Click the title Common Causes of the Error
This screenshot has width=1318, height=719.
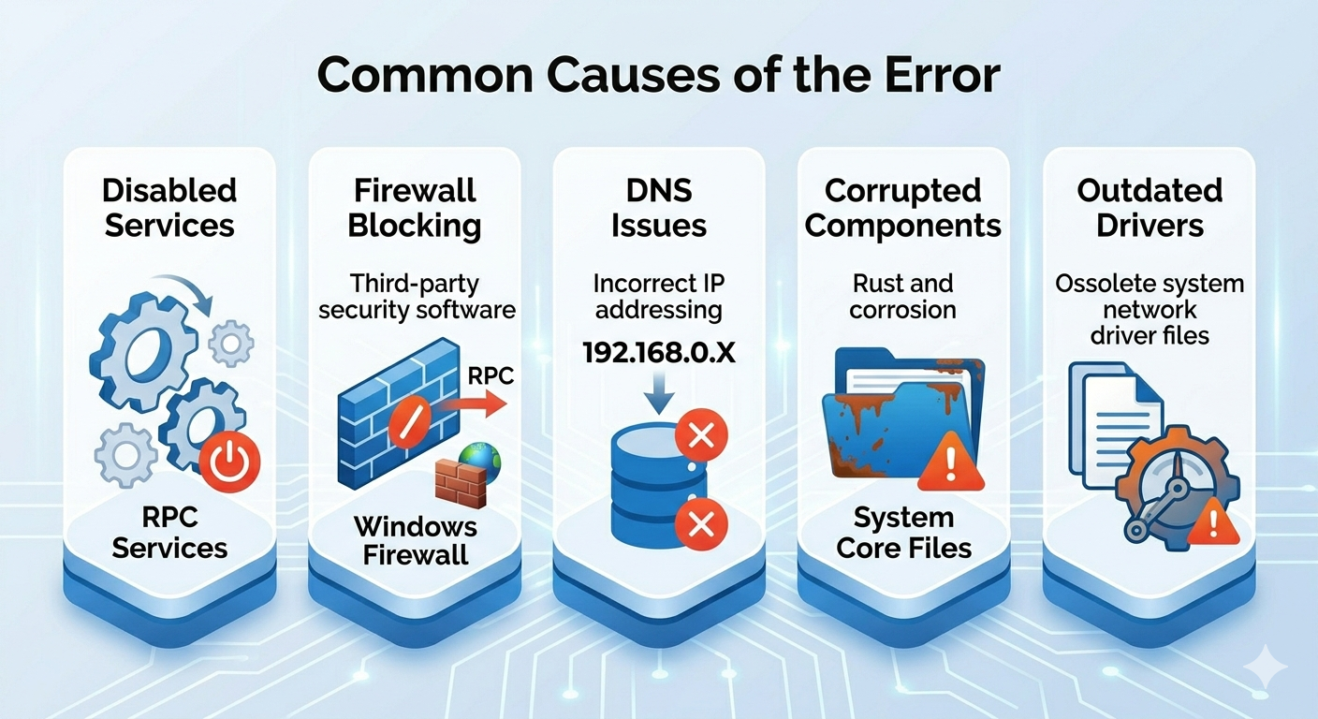pos(658,75)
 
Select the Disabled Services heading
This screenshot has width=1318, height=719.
pos(169,208)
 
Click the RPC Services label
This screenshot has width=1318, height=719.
pos(169,533)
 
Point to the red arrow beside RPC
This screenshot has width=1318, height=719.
pos(471,404)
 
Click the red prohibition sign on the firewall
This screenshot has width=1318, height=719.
pos(410,422)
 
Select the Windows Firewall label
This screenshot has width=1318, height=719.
pos(416,541)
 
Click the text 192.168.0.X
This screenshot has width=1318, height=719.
pos(658,353)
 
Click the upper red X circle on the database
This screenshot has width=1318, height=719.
pos(701,436)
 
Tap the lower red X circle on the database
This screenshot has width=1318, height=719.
pos(701,523)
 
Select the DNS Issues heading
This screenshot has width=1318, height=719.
pos(658,208)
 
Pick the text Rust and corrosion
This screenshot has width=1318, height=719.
pos(902,297)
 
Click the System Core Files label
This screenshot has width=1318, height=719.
pos(903,533)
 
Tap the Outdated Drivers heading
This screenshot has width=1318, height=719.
pos(1150,208)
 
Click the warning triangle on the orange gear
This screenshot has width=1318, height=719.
pos(1212,521)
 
